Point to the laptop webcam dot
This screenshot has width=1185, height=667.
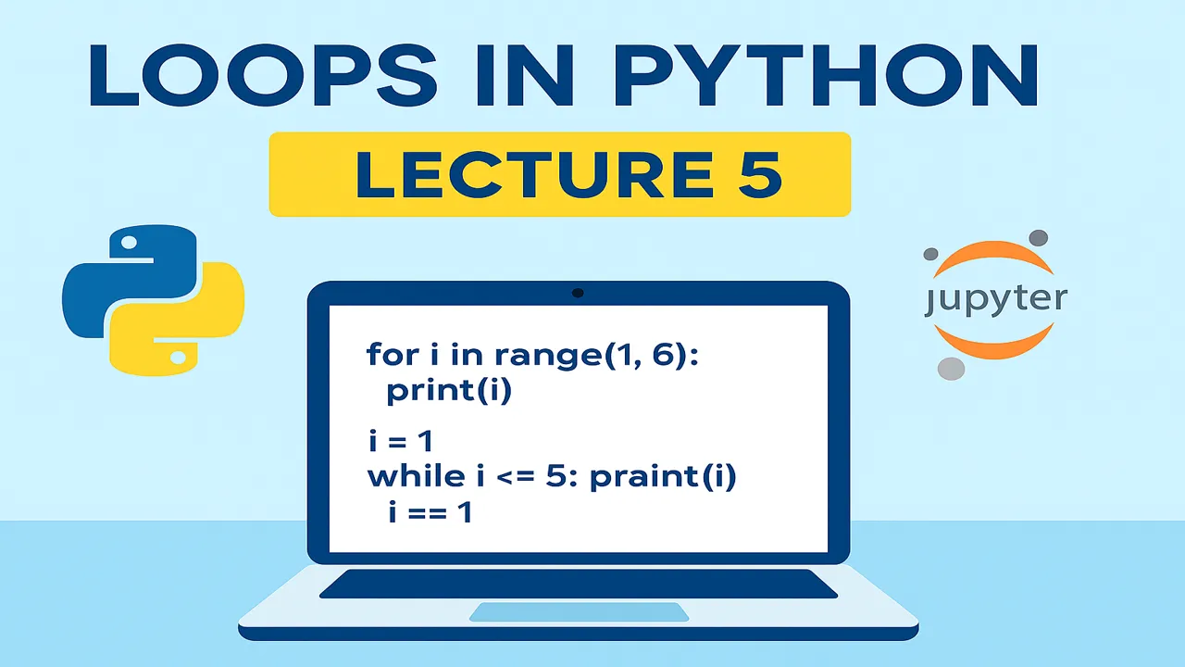click(578, 293)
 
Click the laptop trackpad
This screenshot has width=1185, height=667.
click(579, 611)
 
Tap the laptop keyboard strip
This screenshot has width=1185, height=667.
click(579, 584)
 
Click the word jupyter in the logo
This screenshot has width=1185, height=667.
click(994, 300)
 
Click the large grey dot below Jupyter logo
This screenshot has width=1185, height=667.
click(951, 368)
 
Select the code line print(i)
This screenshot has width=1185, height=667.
click(449, 391)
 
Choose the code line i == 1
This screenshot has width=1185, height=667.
click(430, 511)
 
